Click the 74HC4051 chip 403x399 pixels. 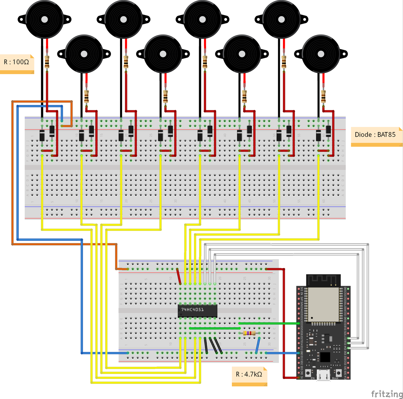(197, 311)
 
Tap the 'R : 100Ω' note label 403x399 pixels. (17, 62)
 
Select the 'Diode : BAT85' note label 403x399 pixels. (375, 135)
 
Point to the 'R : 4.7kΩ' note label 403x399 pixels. (249, 374)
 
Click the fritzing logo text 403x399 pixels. (387, 394)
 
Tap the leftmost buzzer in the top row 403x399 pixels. (44, 20)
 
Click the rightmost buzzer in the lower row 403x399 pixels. (321, 54)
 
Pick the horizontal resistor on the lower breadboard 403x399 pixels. (249, 333)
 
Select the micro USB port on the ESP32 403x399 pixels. (323, 375)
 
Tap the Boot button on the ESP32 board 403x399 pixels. (339, 373)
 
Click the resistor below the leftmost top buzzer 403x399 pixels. (47, 62)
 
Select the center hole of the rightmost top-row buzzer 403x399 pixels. (281, 20)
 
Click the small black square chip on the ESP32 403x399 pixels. (325, 357)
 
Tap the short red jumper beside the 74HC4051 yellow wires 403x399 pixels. (178, 276)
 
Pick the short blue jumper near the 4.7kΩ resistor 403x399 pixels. (258, 346)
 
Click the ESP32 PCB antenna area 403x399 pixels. (323, 280)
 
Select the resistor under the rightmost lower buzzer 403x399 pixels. (323, 96)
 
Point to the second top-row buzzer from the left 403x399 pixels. (123, 20)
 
